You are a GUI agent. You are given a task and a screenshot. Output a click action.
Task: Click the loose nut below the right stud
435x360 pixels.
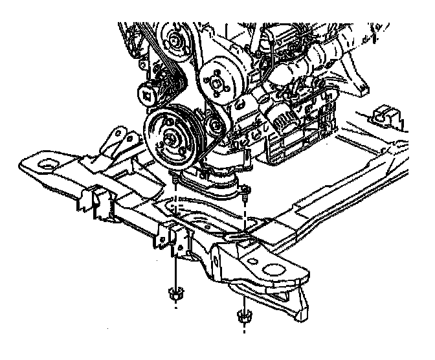(x=244, y=317)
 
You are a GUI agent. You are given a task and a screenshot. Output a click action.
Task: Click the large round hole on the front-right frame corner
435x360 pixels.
(x=277, y=267)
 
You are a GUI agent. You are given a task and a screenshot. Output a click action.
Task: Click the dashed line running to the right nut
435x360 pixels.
(x=244, y=272)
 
